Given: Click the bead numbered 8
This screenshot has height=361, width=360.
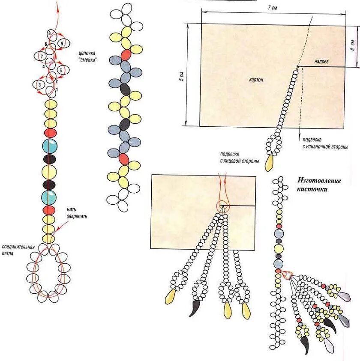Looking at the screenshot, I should [50, 33].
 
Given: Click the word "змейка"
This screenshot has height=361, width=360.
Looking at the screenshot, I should [87, 60].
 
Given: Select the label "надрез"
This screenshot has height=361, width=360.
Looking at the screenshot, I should [321, 62].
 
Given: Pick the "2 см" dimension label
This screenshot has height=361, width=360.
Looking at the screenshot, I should [352, 45].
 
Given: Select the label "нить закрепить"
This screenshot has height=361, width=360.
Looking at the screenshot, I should [77, 213].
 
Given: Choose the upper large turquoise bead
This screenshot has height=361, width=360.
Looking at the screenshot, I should [50, 146].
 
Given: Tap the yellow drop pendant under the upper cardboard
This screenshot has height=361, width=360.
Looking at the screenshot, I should [270, 162].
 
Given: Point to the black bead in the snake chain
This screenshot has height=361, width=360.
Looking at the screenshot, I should [125, 89].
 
